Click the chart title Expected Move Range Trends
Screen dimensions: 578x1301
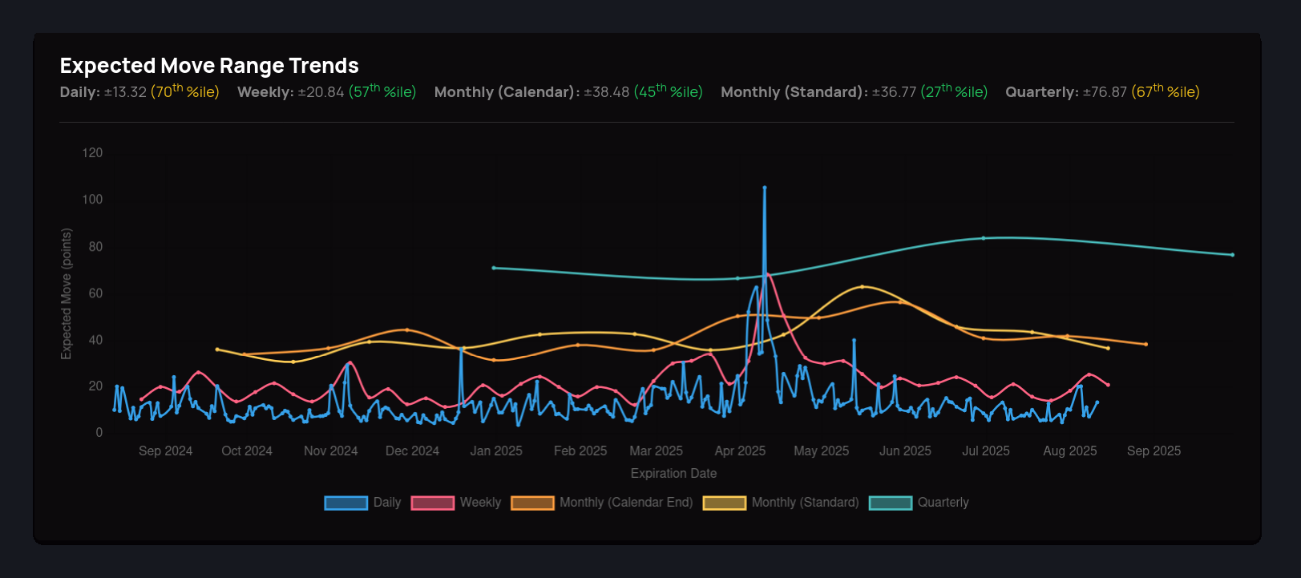(x=209, y=66)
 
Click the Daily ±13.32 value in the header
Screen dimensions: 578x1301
(x=126, y=92)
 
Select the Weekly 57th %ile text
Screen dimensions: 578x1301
(x=382, y=91)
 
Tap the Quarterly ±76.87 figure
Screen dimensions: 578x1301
(x=1105, y=92)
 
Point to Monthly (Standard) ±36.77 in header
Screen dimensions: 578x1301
(x=894, y=92)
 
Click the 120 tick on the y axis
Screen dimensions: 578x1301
(x=92, y=153)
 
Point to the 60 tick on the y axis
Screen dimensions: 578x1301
(x=95, y=293)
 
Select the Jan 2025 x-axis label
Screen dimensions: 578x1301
(x=496, y=451)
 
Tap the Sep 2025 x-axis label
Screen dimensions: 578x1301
(x=1154, y=451)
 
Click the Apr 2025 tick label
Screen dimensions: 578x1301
(x=740, y=451)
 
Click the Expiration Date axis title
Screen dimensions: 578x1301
(x=673, y=474)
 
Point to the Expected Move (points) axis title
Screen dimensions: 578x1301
(x=67, y=293)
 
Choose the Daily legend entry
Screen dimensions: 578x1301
(x=362, y=503)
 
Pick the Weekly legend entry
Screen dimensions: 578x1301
(x=456, y=503)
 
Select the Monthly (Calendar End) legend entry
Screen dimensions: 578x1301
(x=602, y=503)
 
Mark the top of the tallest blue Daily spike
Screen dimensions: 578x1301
(x=765, y=188)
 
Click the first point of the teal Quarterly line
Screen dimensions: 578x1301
(x=494, y=268)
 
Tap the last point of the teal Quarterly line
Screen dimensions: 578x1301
(x=1232, y=255)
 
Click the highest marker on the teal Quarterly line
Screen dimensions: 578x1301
(x=984, y=238)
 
